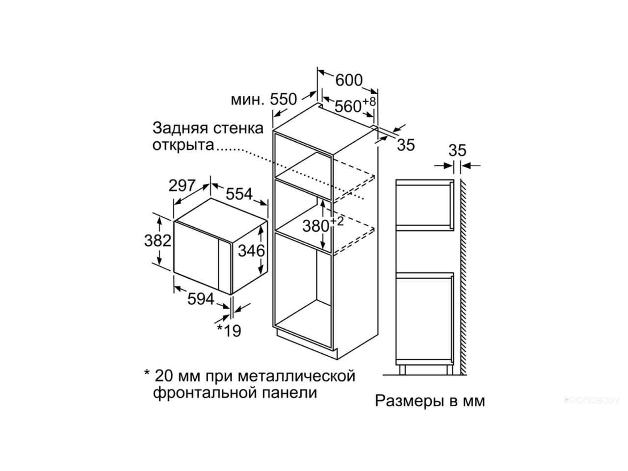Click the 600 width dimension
(348, 80)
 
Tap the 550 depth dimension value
(283, 100)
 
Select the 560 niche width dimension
(348, 106)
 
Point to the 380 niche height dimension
(315, 226)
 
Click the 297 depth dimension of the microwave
(182, 185)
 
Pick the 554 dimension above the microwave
(239, 194)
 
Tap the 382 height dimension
(157, 240)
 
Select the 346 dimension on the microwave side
(251, 251)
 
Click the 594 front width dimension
(201, 299)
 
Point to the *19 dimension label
(229, 331)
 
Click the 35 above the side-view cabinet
(457, 151)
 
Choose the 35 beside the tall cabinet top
(406, 145)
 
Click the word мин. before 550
(247, 100)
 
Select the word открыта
(183, 145)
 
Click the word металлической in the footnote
(296, 376)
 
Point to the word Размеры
(407, 401)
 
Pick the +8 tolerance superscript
(369, 101)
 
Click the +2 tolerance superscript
(337, 221)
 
